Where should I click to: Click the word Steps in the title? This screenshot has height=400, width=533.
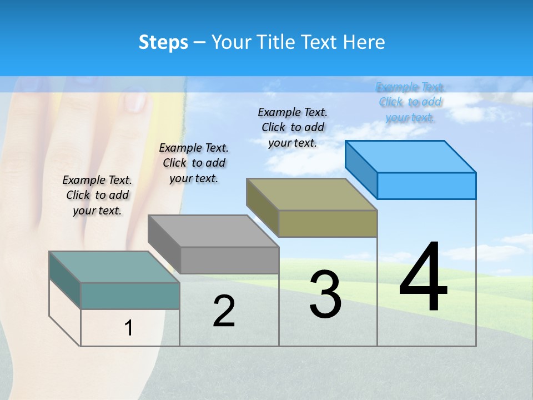point(163,42)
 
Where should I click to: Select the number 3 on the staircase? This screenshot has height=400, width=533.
point(325,294)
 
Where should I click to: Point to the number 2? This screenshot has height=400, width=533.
point(224,311)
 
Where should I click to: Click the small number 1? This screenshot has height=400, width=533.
point(129,328)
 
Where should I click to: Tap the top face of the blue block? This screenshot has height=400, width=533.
point(410,156)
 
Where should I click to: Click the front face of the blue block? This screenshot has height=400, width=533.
point(426,186)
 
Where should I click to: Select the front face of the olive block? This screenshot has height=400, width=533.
point(328,223)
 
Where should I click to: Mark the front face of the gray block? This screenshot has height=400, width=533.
point(229,260)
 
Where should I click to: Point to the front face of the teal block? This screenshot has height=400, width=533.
point(130,296)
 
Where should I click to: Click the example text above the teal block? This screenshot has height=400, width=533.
point(97,195)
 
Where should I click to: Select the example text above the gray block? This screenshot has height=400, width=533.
point(194,163)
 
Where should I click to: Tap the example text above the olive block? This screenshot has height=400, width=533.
point(293,127)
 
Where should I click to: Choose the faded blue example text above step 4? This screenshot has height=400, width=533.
point(410,102)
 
